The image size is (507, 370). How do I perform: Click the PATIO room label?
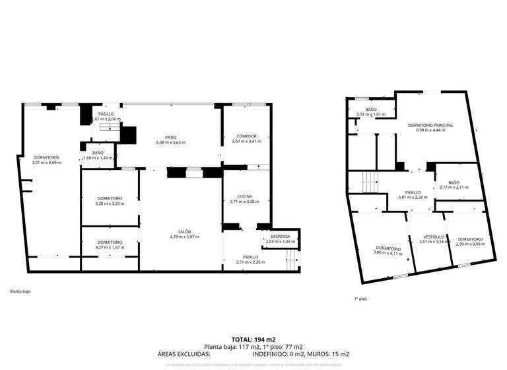pyautogui.click(x=170, y=137)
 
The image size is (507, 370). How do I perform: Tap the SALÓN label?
pyautogui.click(x=184, y=231)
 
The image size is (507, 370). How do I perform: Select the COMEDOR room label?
pyautogui.click(x=244, y=136)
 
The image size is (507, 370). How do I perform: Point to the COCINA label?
pyautogui.click(x=244, y=196)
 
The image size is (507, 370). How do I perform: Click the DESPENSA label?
pyautogui.click(x=279, y=236)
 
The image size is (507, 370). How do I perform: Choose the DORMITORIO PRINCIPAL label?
pyautogui.click(x=430, y=125)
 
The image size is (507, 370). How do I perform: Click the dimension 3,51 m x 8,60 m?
pyautogui.click(x=46, y=163)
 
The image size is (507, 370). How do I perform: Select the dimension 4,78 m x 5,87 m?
pyautogui.click(x=184, y=237)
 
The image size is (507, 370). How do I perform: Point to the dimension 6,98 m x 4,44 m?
pyautogui.click(x=430, y=130)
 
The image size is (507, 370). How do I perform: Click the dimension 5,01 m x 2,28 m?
pyautogui.click(x=413, y=198)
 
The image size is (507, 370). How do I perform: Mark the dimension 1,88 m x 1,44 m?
pyautogui.click(x=98, y=158)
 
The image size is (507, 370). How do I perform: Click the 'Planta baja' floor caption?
pyautogui.click(x=20, y=291)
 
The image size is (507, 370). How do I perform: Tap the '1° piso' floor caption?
pyautogui.click(x=360, y=299)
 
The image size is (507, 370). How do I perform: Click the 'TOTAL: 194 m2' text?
pyautogui.click(x=253, y=340)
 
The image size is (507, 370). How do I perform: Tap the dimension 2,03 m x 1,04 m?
pyautogui.click(x=279, y=241)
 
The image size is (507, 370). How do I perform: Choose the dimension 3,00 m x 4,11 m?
pyautogui.click(x=388, y=252)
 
